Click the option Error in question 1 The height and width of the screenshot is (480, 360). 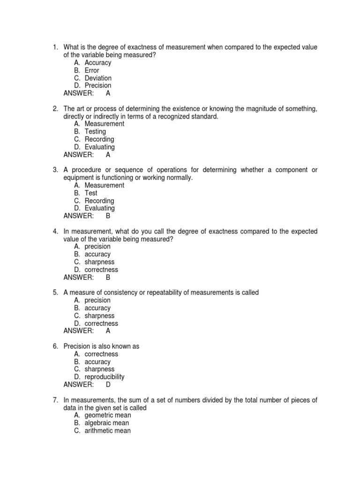coord(92,70)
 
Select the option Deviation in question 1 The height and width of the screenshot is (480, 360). coord(98,78)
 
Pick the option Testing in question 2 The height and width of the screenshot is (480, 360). coord(95,132)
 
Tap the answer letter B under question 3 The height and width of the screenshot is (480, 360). coord(108,216)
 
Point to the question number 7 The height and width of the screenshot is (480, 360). coord(55,400)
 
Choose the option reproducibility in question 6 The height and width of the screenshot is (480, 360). coord(105,377)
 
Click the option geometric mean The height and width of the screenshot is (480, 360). coord(108,415)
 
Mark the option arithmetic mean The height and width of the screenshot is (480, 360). coord(108,430)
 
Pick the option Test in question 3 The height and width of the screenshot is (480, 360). coord(91,193)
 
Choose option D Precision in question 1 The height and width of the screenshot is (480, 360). coord(98,85)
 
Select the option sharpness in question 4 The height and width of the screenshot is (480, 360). coord(99,262)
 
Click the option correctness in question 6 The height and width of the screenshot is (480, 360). coord(101,354)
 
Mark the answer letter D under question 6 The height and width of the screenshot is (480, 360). coord(108,384)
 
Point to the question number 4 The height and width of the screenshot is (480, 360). coord(55,231)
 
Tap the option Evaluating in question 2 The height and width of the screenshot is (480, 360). coord(99,147)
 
